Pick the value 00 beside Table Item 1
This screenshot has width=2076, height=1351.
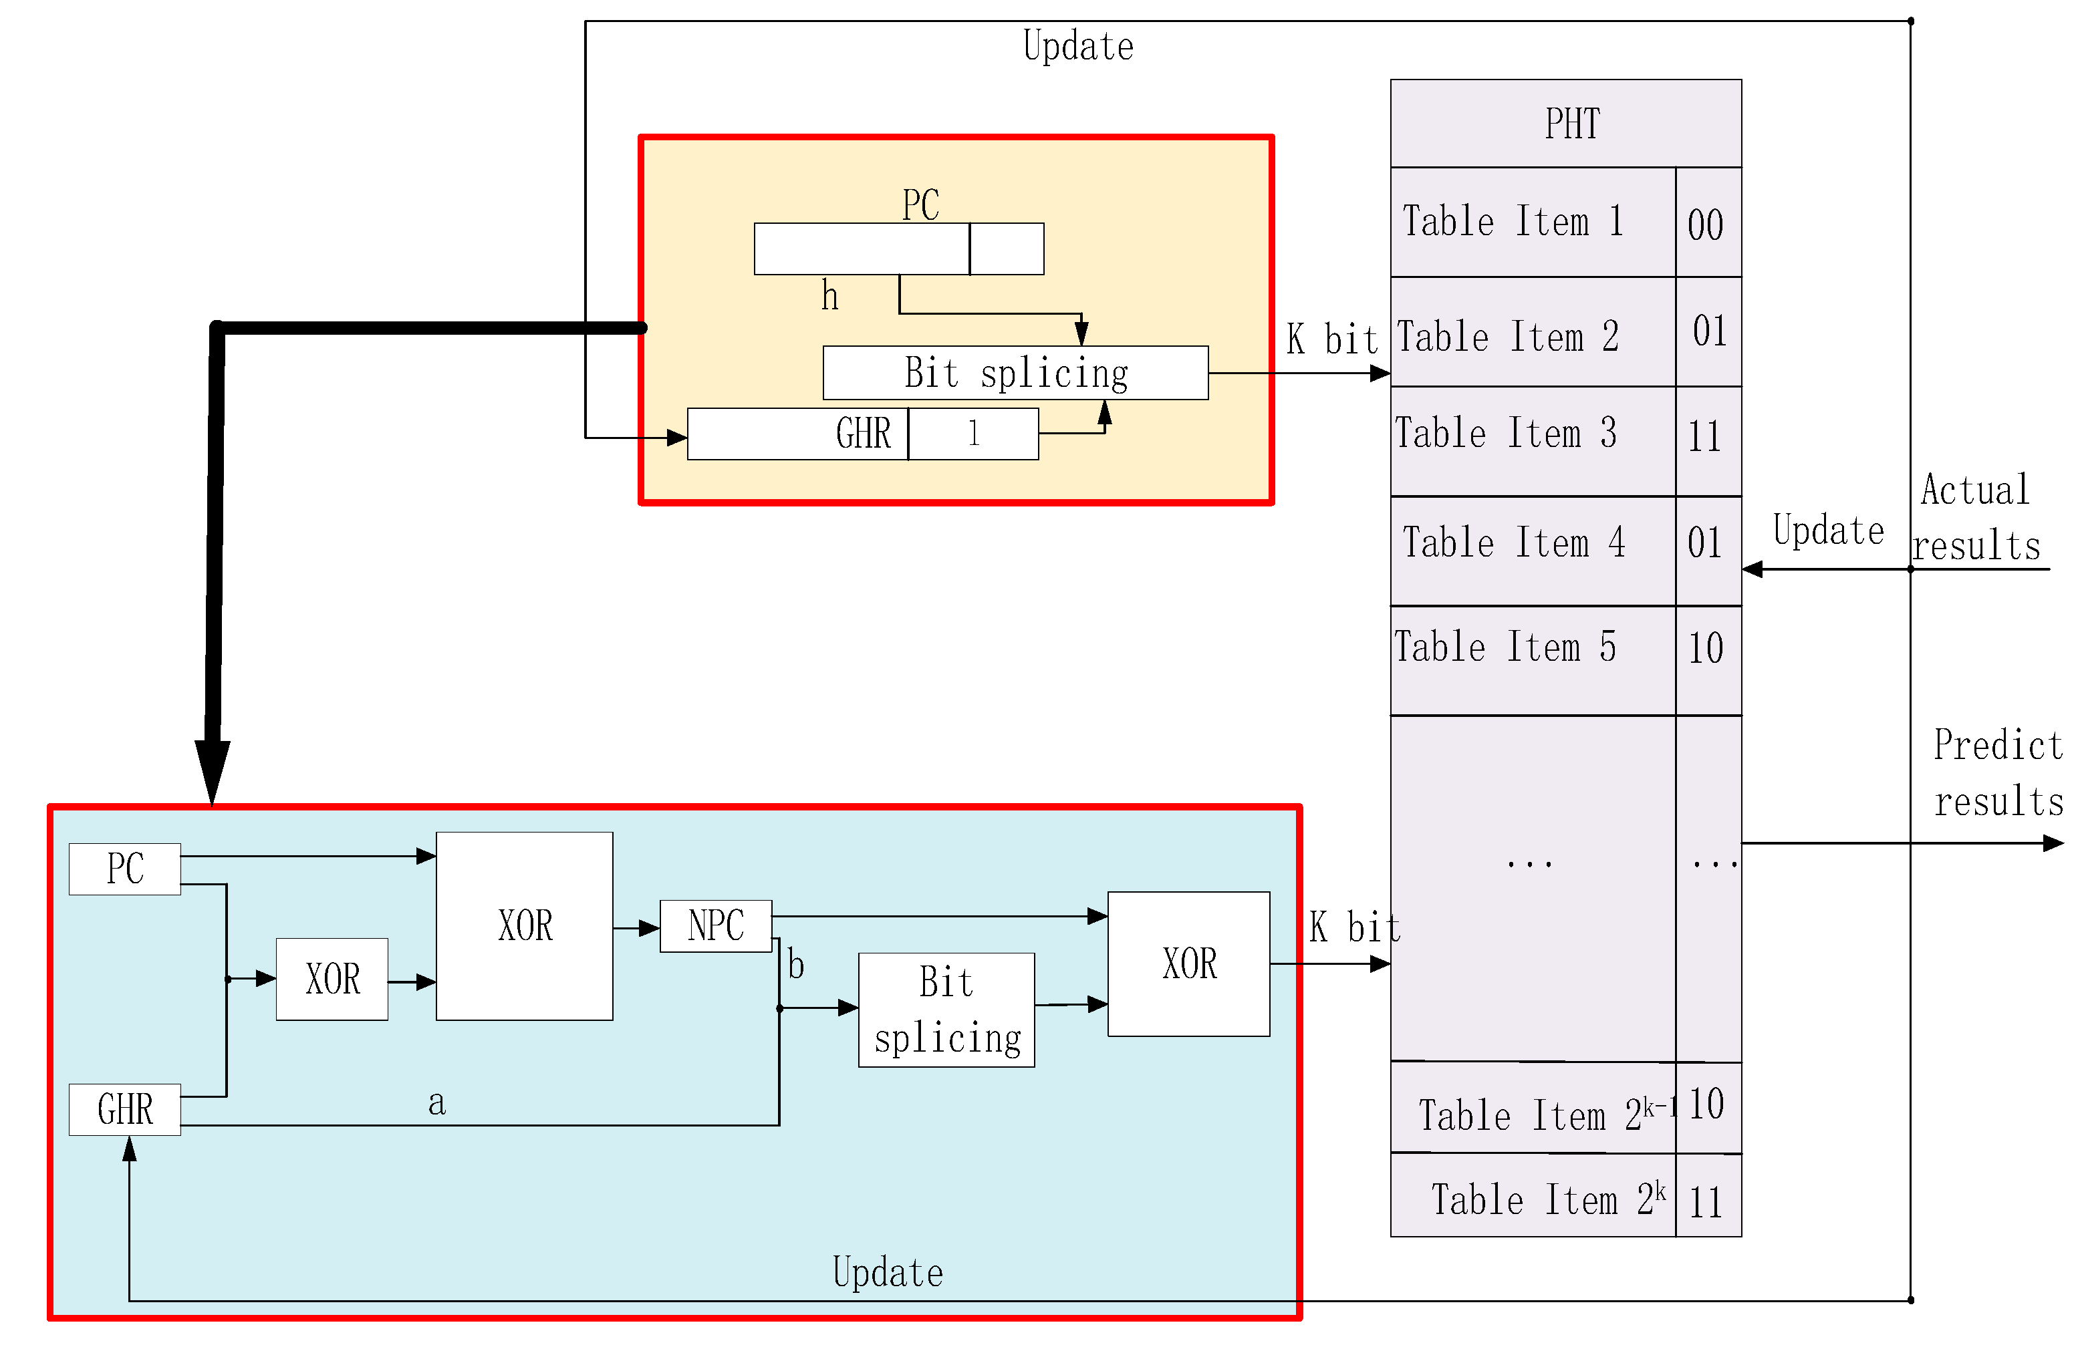click(x=1707, y=223)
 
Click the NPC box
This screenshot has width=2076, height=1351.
click(x=715, y=925)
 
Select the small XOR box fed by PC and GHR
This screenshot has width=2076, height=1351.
click(x=332, y=979)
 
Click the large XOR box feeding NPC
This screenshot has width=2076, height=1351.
click(x=523, y=925)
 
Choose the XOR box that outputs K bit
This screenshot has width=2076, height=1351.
click(x=1188, y=963)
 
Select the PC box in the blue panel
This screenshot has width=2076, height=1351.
click(x=125, y=868)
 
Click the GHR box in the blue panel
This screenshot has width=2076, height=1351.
click(x=125, y=1108)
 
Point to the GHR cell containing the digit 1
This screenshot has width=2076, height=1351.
click(x=972, y=434)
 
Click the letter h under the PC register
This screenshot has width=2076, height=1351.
click(x=829, y=297)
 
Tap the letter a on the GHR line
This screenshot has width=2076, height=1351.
click(x=436, y=1102)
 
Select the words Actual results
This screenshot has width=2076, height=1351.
click(x=1975, y=517)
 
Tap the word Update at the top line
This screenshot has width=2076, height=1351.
click(x=1077, y=46)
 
